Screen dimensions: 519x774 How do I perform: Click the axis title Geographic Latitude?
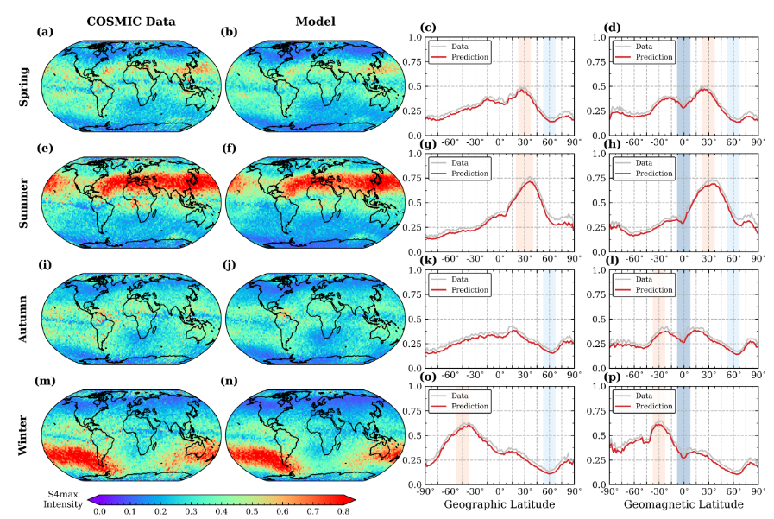click(498, 503)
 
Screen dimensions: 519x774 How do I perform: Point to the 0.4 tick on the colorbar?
click(222, 512)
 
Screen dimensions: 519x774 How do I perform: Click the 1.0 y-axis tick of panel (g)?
click(414, 155)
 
